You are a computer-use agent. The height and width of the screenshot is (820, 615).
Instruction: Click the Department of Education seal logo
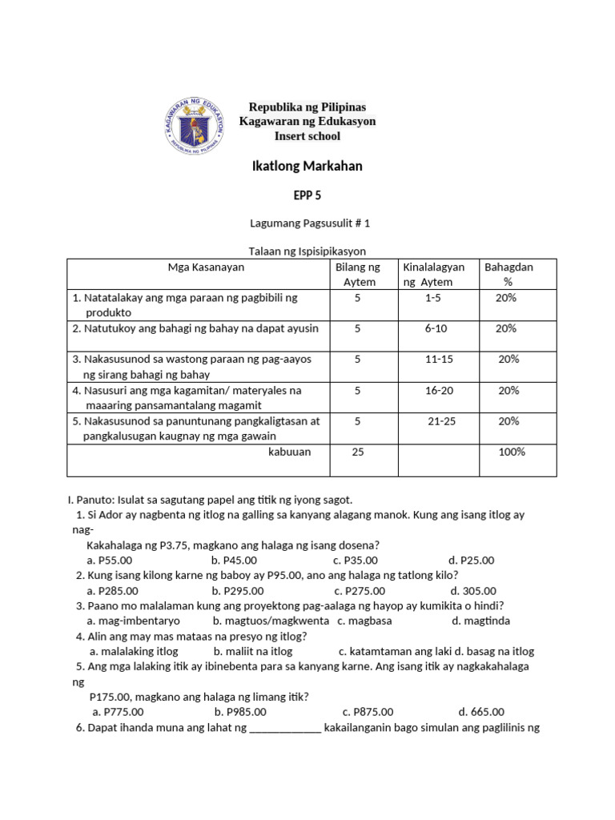[195, 127]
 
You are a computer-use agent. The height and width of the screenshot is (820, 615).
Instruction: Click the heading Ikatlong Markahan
[307, 166]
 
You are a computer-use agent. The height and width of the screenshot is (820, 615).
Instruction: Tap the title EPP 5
[307, 195]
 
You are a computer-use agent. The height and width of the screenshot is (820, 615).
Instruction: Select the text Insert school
[307, 136]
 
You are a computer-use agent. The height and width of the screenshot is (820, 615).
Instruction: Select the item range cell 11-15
[439, 359]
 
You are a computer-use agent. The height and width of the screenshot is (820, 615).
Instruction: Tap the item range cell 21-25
[441, 420]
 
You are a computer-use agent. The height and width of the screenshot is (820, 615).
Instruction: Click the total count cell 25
[358, 452]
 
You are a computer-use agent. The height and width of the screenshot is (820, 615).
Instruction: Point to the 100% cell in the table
[512, 452]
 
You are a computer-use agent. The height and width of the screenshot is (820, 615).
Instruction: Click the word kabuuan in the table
[289, 452]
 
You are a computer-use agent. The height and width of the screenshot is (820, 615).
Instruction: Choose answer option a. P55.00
[110, 560]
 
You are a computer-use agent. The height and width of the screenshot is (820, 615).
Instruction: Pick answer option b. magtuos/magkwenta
[271, 621]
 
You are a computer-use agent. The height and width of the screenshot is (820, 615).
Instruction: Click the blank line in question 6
[286, 728]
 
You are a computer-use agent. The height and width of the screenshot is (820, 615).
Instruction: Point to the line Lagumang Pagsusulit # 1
[307, 225]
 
